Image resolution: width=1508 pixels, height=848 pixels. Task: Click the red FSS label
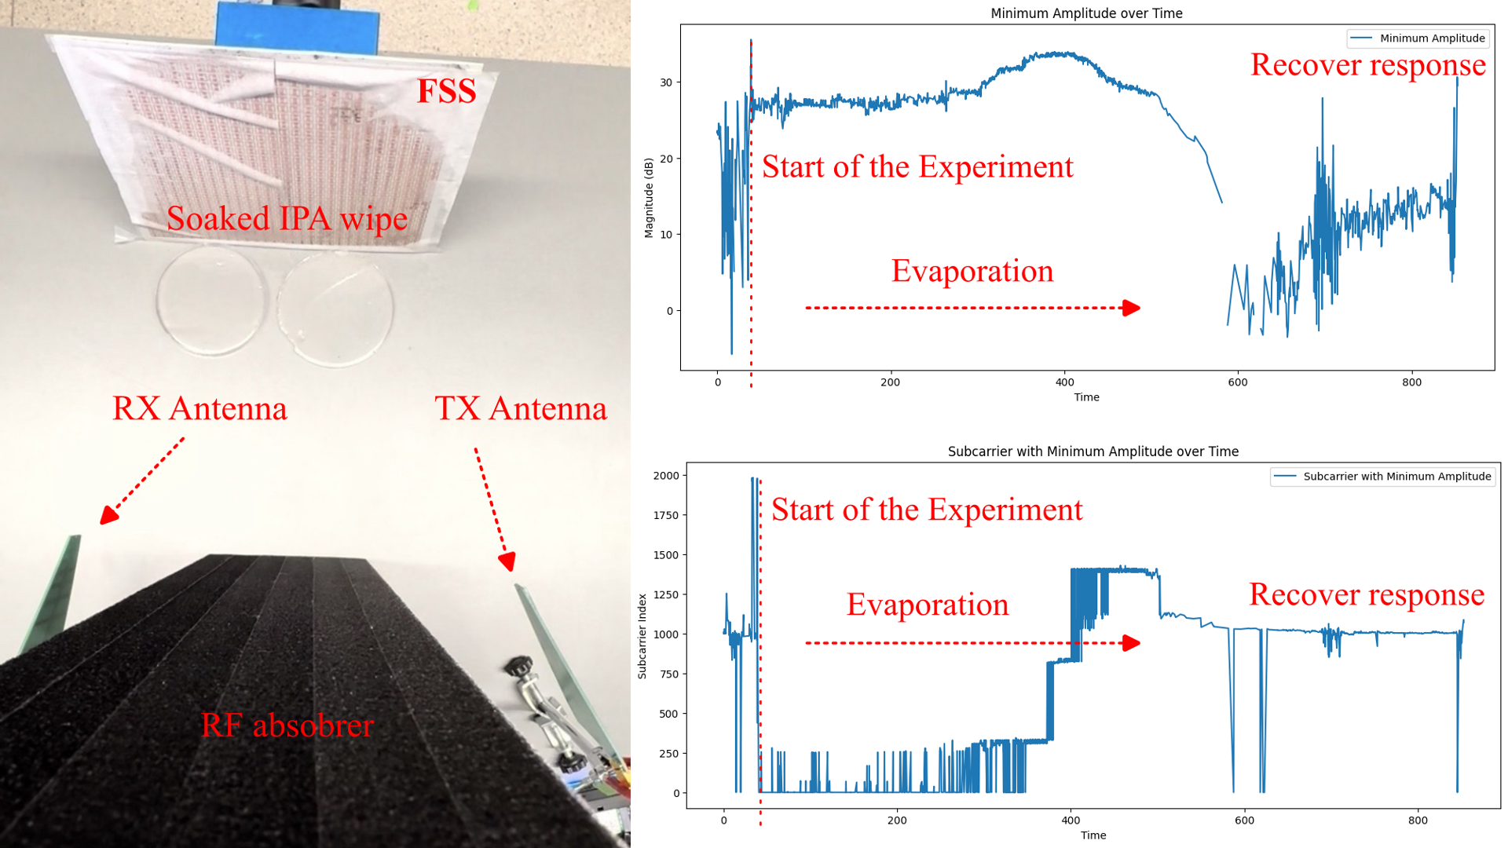446,91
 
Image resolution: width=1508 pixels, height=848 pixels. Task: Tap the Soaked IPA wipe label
287,218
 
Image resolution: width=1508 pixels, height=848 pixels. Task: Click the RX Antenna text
199,408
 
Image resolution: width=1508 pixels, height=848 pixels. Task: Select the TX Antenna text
521,408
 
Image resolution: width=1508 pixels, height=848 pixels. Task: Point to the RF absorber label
287,725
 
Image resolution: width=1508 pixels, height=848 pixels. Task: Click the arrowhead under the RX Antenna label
109,515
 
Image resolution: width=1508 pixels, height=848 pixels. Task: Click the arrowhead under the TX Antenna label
507,561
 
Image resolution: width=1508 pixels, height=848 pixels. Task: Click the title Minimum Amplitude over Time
1086,13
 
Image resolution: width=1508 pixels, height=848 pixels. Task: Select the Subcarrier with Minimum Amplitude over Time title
1093,451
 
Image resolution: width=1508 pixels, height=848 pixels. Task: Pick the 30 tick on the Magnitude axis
666,82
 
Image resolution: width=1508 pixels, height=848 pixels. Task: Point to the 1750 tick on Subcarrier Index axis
666,515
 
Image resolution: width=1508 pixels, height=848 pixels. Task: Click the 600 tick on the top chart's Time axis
1238,382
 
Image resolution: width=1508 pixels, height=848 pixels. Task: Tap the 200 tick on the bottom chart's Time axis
897,821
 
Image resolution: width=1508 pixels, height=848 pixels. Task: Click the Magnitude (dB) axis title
649,198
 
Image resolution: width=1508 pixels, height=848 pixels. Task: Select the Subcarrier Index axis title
642,636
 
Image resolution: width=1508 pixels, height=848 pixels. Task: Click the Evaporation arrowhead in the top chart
1131,308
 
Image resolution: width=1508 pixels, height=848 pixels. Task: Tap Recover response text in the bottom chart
1367,594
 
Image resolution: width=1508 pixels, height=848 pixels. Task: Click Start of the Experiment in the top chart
917,166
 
